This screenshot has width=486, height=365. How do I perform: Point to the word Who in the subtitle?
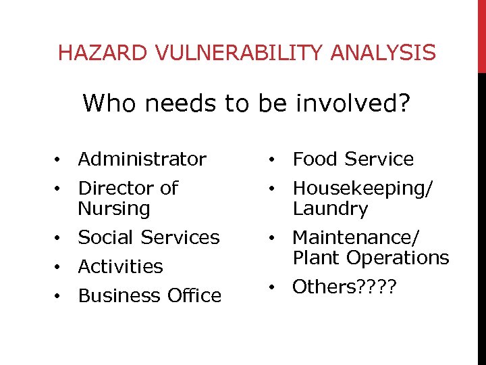107,104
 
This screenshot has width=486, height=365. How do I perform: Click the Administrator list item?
142,160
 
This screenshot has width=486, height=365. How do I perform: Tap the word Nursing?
113,209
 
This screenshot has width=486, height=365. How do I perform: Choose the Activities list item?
120,267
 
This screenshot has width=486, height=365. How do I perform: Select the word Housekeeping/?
362,188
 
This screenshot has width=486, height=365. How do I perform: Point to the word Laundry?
330,209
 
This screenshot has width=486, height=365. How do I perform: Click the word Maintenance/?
356,238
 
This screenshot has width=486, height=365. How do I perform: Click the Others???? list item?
345,287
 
